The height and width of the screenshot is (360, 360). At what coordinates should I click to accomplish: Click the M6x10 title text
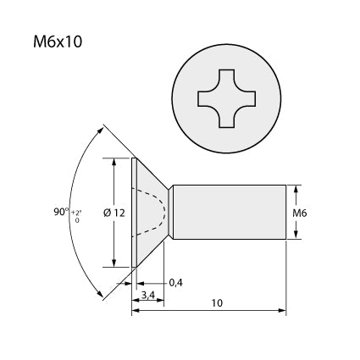pyautogui.click(x=58, y=42)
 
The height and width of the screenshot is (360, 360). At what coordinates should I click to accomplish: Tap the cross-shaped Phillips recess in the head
pyautogui.click(x=227, y=98)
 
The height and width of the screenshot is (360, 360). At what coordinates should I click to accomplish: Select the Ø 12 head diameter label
pyautogui.click(x=114, y=213)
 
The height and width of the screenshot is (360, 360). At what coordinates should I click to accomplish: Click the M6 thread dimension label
pyautogui.click(x=300, y=213)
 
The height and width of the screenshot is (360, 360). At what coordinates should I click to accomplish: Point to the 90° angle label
pyautogui.click(x=61, y=212)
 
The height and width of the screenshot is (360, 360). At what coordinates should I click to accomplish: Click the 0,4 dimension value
pyautogui.click(x=175, y=282)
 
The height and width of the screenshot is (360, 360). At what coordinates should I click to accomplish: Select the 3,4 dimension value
pyautogui.click(x=148, y=295)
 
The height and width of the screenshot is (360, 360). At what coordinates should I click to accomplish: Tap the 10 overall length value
pyautogui.click(x=217, y=303)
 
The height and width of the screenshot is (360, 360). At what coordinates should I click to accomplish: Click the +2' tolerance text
pyautogui.click(x=75, y=213)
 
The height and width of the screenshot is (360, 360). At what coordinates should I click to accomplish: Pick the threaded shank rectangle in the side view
pyautogui.click(x=230, y=212)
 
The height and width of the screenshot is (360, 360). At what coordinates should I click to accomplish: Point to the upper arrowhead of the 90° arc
pyautogui.click(x=100, y=130)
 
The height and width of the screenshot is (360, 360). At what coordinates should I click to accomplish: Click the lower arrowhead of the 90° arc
pyautogui.click(x=100, y=293)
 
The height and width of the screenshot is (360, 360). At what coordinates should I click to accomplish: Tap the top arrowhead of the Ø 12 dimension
pyautogui.click(x=114, y=162)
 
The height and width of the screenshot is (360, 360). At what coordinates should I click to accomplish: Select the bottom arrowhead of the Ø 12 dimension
pyautogui.click(x=114, y=263)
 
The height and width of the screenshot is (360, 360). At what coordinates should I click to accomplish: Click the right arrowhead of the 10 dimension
pyautogui.click(x=282, y=310)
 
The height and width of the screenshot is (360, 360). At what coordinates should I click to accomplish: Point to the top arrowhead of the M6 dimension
pyautogui.click(x=296, y=190)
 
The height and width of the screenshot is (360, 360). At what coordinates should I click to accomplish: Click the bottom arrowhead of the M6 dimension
pyautogui.click(x=296, y=235)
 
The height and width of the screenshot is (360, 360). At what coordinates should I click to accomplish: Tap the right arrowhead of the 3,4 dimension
pyautogui.click(x=160, y=300)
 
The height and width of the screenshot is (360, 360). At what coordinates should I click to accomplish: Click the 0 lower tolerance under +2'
pyautogui.click(x=77, y=220)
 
